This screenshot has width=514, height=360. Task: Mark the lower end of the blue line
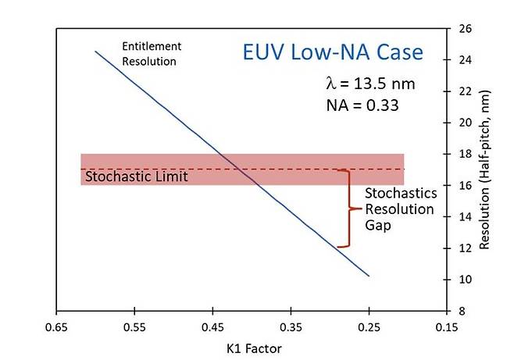click(369, 276)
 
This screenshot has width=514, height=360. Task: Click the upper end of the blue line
click(95, 52)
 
